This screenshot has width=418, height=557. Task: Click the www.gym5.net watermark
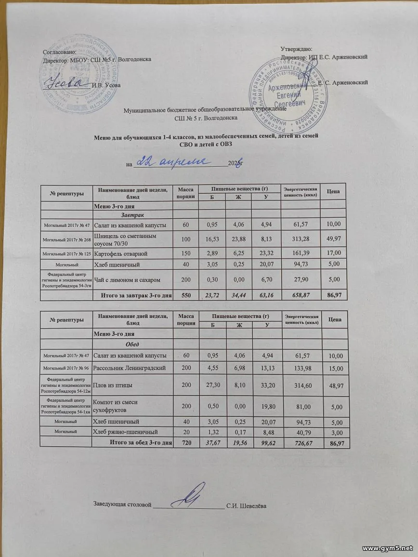click(387, 548)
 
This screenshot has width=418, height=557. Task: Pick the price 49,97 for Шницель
click(334, 239)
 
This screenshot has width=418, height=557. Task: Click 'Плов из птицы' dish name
click(114, 385)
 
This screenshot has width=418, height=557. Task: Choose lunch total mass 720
click(185, 442)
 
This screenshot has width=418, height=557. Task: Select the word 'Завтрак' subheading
click(132, 214)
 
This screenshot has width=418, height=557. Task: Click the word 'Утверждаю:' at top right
click(296, 49)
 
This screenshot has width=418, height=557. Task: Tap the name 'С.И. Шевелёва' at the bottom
click(247, 505)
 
